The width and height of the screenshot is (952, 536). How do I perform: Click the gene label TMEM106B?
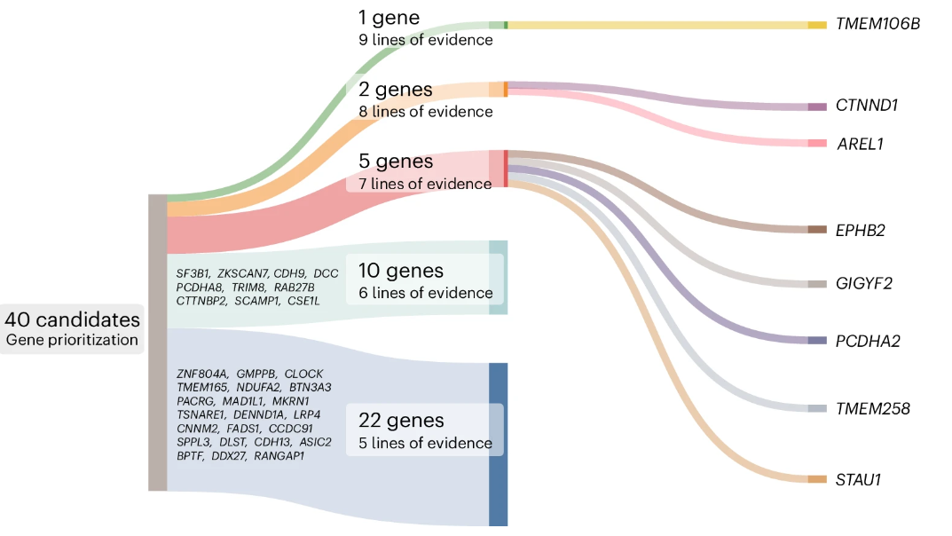point(877,24)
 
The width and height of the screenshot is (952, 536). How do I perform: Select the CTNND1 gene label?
point(867,106)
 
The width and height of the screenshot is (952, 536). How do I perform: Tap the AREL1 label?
point(860,145)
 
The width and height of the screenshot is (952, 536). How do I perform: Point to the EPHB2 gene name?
point(861,231)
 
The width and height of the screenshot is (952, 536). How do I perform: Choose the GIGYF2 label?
point(864,283)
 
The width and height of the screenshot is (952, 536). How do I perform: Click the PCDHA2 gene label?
point(868,341)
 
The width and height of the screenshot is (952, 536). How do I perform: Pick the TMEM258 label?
point(872,408)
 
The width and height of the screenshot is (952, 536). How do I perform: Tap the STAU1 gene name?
point(858,479)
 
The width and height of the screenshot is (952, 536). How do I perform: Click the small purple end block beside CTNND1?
point(817,106)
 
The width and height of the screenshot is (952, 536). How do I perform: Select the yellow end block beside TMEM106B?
point(817,25)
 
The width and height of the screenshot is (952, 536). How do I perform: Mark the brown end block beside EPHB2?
point(817,230)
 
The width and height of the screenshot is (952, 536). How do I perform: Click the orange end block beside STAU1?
point(817,479)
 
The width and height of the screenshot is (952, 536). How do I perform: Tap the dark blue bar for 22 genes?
point(499,445)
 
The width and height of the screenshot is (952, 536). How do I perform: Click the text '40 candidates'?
point(72,319)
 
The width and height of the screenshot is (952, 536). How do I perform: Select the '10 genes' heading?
point(401,271)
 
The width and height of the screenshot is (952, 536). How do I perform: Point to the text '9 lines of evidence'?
point(426,40)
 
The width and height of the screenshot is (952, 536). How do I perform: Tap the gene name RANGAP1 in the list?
point(279,456)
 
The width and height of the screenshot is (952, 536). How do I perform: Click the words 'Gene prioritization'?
point(72,340)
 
